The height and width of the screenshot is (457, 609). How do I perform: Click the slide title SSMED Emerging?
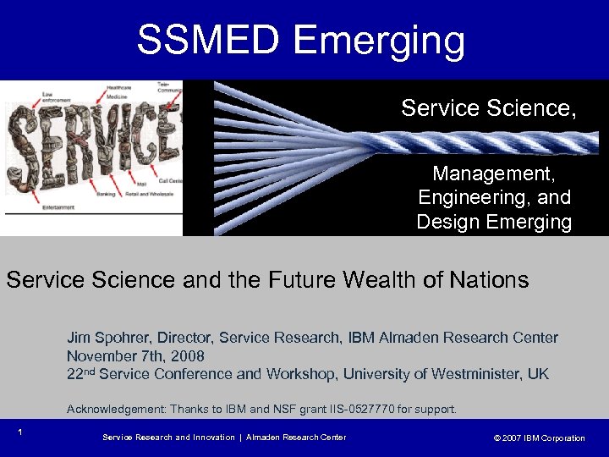click(301, 40)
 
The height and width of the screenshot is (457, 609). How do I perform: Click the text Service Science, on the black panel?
click(488, 108)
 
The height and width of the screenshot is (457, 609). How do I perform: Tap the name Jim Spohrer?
click(105, 338)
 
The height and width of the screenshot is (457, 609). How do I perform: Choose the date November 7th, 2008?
click(135, 355)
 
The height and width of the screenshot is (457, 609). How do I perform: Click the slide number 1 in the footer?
click(19, 432)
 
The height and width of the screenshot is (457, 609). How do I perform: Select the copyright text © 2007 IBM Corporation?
click(539, 438)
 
